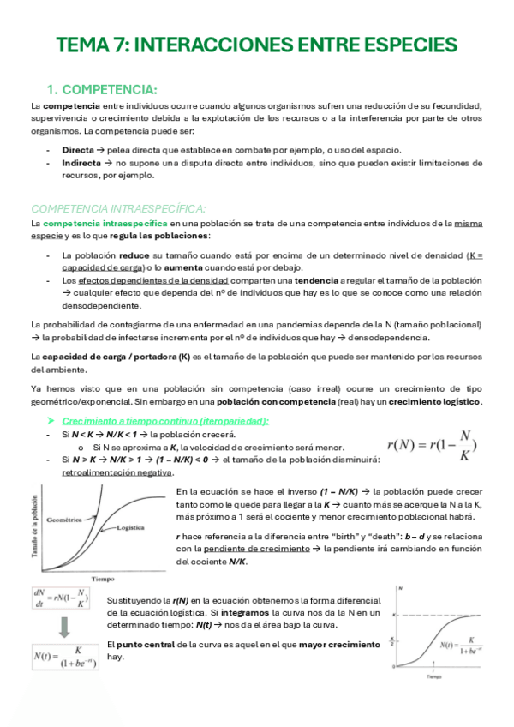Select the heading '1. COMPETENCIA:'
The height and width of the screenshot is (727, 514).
101,90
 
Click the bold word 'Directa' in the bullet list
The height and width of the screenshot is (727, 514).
78,149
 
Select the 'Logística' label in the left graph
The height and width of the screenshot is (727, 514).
129,528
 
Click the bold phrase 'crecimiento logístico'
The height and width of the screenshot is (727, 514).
435,401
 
